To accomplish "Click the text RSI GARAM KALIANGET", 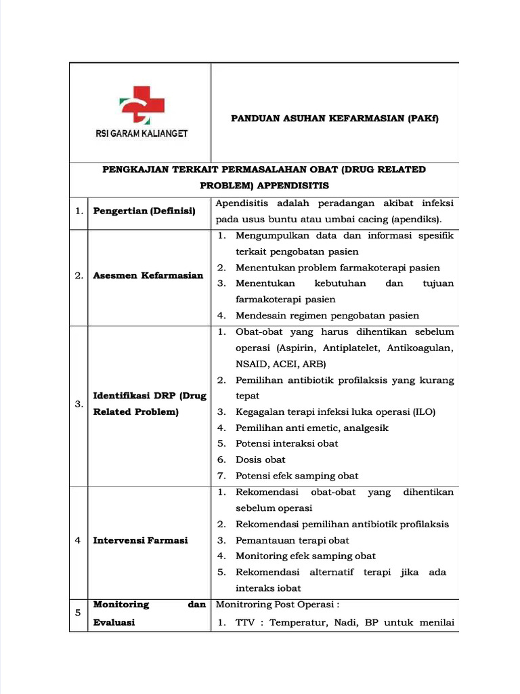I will tap(141, 134).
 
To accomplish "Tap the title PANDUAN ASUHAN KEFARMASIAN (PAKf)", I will tap(334, 119).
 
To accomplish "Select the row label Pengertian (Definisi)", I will tap(144, 211).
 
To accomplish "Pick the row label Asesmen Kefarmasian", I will tap(148, 276).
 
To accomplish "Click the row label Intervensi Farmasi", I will tap(140, 540).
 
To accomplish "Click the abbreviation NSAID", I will tap(252, 364).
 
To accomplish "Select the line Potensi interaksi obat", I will tap(286, 443).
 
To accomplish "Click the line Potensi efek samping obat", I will tap(297, 476).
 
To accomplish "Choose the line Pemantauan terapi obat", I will tap(292, 540).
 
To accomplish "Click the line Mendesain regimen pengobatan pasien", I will tap(327, 315).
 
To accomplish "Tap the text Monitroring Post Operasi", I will tap(276, 604).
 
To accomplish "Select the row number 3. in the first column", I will tap(79, 404).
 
